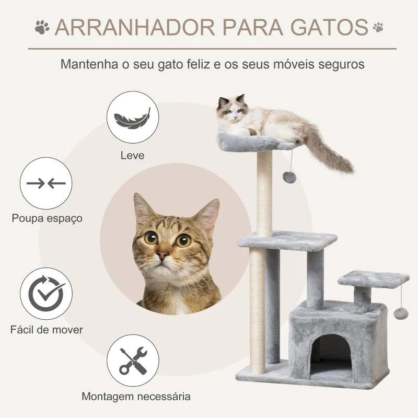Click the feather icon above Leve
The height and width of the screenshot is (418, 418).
click(x=129, y=118)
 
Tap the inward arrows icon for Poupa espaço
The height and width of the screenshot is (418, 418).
click(x=46, y=183)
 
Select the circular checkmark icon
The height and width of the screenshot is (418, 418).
click(x=46, y=294)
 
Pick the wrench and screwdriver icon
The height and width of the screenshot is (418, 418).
click(x=133, y=361)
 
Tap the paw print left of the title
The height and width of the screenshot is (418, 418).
click(x=42, y=27)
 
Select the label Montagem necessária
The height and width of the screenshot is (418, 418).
click(x=136, y=396)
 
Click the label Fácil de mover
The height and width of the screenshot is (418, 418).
click(x=47, y=330)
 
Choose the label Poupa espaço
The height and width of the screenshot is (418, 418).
click(x=47, y=218)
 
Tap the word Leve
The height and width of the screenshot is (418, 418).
click(x=132, y=155)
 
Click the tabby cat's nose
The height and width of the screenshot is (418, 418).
click(x=163, y=255)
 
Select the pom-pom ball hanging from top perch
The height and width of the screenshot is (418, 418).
click(x=289, y=177)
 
